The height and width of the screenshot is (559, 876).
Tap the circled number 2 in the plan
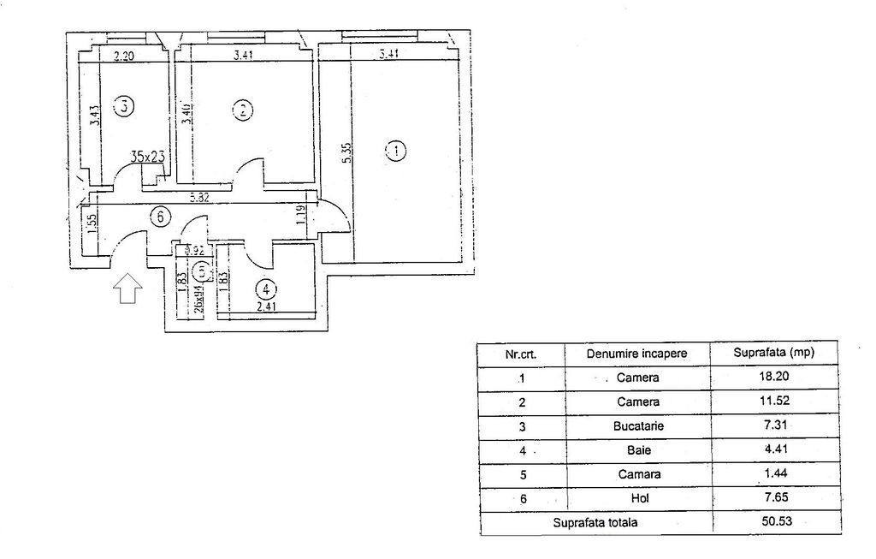(x=243, y=110)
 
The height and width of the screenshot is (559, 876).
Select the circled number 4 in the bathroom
(x=267, y=288)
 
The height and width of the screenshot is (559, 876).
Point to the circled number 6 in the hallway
(x=158, y=217)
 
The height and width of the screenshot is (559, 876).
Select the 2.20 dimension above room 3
(x=125, y=58)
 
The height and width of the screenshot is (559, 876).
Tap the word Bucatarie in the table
(x=638, y=425)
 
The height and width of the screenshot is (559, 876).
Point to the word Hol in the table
(x=638, y=497)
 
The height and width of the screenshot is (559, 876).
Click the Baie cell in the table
(x=638, y=449)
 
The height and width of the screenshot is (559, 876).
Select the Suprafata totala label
(x=595, y=520)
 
